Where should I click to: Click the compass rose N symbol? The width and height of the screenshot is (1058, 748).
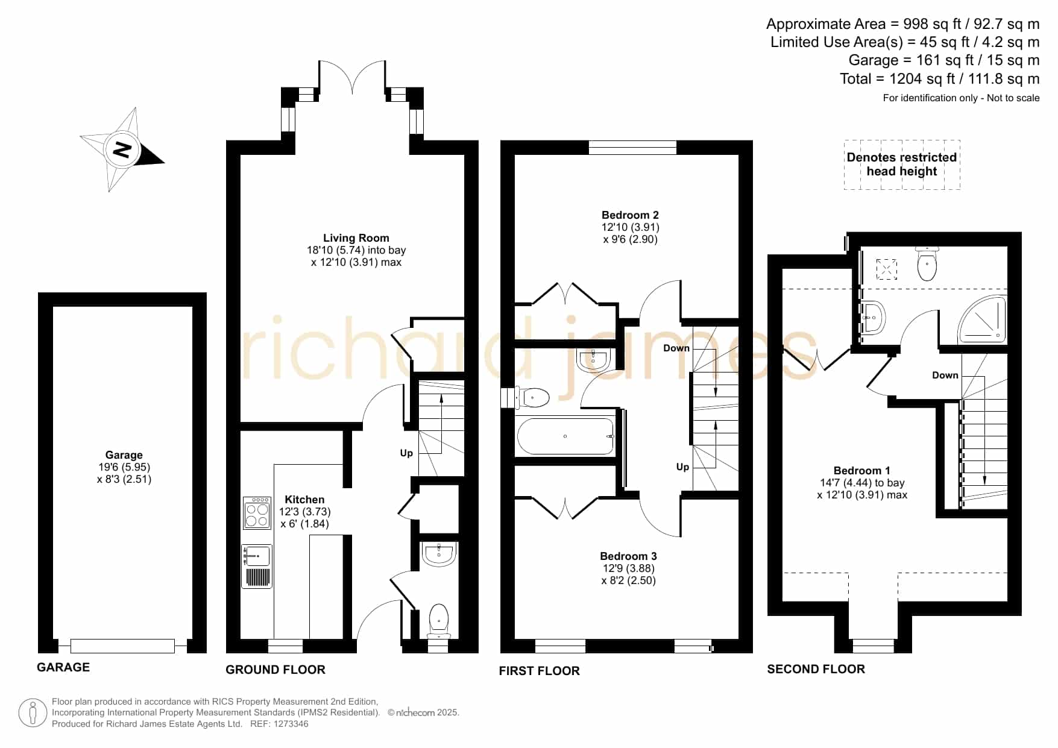click(122, 149)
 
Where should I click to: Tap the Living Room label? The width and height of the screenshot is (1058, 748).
click(356, 238)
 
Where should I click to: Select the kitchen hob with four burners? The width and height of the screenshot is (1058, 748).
click(257, 513)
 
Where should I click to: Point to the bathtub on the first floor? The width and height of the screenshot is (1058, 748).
click(565, 436)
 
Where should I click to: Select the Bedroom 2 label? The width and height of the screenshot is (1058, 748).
click(630, 215)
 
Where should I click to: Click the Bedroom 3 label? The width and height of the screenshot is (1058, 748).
click(628, 556)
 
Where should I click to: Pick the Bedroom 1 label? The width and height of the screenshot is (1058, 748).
click(861, 471)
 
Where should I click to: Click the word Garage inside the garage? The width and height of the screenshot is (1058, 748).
click(124, 455)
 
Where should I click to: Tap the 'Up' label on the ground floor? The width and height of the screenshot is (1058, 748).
click(406, 453)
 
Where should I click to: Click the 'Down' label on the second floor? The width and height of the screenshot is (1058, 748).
click(945, 375)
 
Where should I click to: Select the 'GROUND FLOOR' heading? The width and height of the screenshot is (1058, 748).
click(276, 670)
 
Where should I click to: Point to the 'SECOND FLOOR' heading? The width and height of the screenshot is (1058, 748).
click(816, 669)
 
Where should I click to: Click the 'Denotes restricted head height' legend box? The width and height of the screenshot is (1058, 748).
click(902, 165)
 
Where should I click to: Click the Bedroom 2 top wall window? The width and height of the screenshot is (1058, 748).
click(632, 148)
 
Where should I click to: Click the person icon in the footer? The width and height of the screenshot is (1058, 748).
click(33, 713)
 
